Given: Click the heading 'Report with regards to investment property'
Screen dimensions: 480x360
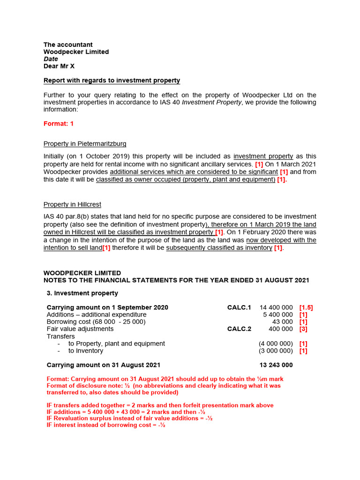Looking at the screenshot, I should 112,81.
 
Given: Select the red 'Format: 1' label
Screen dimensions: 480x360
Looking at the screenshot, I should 59,124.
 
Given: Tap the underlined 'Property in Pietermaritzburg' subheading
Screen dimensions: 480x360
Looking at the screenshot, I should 85,143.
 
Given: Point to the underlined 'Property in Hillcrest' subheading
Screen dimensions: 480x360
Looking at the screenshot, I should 72,204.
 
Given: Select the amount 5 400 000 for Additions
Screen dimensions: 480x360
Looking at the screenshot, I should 278,315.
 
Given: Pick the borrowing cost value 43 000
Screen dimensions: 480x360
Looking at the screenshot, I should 283,322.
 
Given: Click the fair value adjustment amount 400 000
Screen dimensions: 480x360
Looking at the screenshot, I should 281,329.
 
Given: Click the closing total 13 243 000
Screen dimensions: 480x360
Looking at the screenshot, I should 276,365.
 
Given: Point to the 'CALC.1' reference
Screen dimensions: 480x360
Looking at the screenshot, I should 239,307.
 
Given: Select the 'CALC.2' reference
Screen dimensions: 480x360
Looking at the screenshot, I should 239,329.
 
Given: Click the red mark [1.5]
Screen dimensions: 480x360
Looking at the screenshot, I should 306,307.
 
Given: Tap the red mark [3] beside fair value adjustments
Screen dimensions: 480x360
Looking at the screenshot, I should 303,329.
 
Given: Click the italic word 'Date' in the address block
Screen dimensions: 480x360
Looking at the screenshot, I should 51,59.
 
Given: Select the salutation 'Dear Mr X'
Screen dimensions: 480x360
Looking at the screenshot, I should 59,66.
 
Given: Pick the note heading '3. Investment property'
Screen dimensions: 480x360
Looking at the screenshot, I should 82,293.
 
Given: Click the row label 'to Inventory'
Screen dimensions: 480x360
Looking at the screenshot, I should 86,351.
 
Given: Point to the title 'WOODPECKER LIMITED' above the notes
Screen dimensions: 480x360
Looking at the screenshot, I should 82,273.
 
